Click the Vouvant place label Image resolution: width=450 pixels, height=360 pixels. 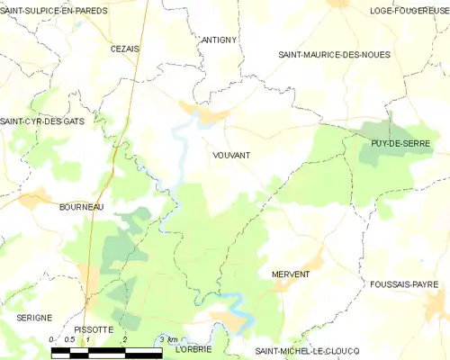(x=231, y=155)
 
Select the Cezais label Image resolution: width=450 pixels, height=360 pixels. (x=124, y=49)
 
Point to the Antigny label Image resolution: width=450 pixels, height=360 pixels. (x=219, y=40)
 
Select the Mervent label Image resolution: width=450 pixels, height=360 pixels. (x=290, y=273)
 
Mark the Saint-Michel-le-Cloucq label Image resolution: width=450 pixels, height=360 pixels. (x=307, y=349)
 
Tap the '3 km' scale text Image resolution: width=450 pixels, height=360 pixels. (x=167, y=338)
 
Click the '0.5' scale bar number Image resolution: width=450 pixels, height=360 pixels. (x=70, y=338)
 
